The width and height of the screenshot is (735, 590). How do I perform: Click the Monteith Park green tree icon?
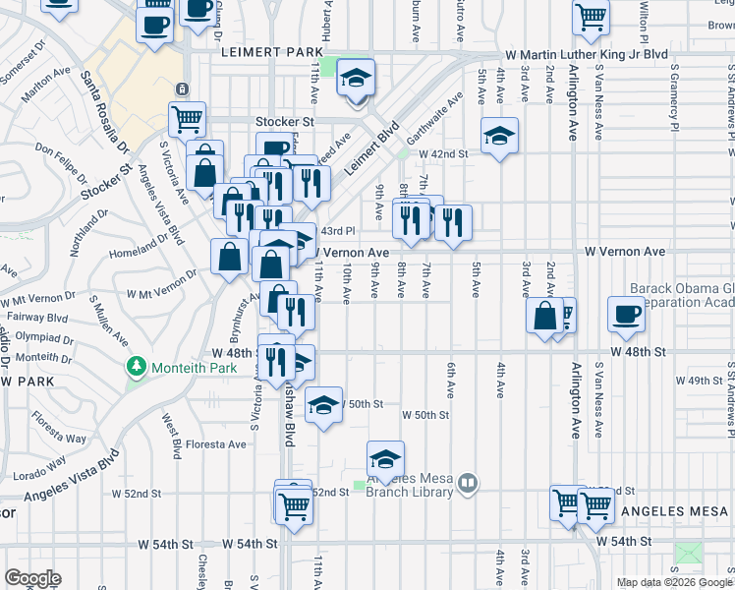[x=137, y=368]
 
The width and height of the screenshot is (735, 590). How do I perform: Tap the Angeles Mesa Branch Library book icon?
[x=469, y=482]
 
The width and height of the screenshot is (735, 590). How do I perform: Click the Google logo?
[x=32, y=578]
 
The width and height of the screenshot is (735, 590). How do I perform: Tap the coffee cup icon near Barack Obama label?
[x=625, y=315]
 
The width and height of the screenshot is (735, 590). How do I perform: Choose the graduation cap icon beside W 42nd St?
[x=499, y=135]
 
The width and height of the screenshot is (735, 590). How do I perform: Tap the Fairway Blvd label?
[x=37, y=318]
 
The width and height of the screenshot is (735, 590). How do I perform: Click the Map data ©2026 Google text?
[x=673, y=582]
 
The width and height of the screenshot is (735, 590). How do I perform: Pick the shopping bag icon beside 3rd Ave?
[x=544, y=316]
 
